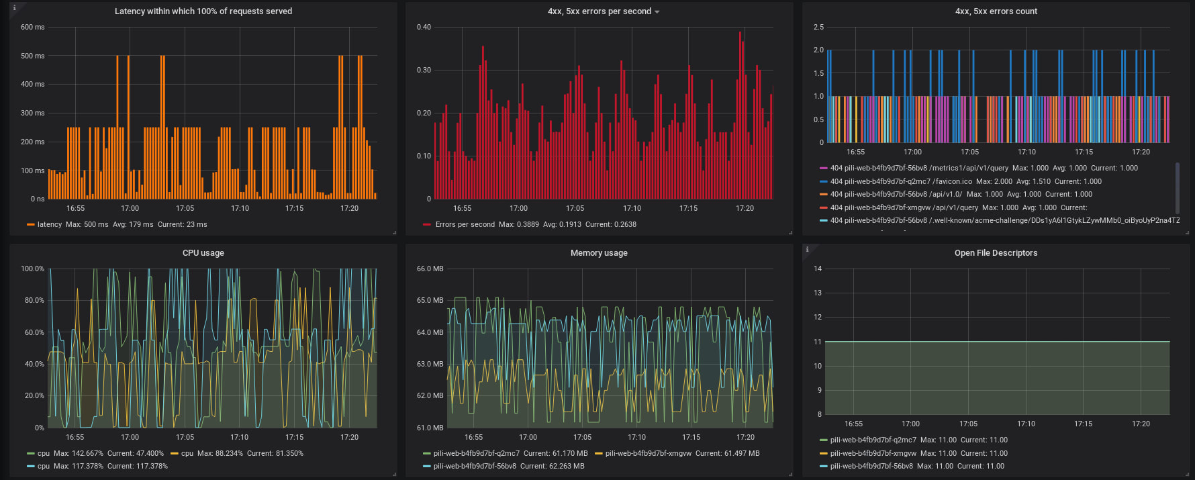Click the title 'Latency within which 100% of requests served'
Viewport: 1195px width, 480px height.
tap(203, 11)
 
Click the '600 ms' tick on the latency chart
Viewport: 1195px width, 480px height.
tap(32, 28)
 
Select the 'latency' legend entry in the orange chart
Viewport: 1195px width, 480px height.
tap(49, 225)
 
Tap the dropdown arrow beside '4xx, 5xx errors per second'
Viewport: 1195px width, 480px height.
tap(657, 12)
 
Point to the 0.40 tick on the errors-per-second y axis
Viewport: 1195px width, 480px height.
tap(424, 28)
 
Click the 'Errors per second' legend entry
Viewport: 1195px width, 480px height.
tap(465, 225)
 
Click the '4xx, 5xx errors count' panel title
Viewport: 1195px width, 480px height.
tap(996, 11)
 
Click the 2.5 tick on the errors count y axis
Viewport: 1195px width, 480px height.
tap(818, 28)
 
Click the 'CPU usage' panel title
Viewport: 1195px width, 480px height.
tap(203, 253)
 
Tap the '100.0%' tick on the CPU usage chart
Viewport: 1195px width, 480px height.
tap(32, 269)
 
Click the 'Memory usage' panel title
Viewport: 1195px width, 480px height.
tap(599, 253)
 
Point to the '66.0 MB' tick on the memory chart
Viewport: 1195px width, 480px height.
tap(430, 269)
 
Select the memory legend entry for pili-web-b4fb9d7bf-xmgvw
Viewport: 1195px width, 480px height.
tap(648, 454)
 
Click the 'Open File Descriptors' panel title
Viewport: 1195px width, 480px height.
tap(996, 253)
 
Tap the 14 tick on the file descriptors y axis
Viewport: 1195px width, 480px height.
tap(818, 269)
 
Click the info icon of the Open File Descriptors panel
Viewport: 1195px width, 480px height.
tap(807, 249)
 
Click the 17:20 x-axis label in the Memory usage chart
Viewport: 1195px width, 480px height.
tap(745, 438)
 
